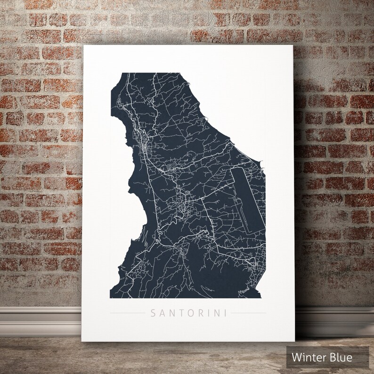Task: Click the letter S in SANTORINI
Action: point(152,312)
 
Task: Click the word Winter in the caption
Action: point(308,358)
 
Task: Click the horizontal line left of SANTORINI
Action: point(126,312)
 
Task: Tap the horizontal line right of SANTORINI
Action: point(249,312)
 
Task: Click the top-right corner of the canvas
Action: point(293,46)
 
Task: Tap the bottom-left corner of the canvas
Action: point(84,341)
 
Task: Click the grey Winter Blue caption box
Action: point(328,358)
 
